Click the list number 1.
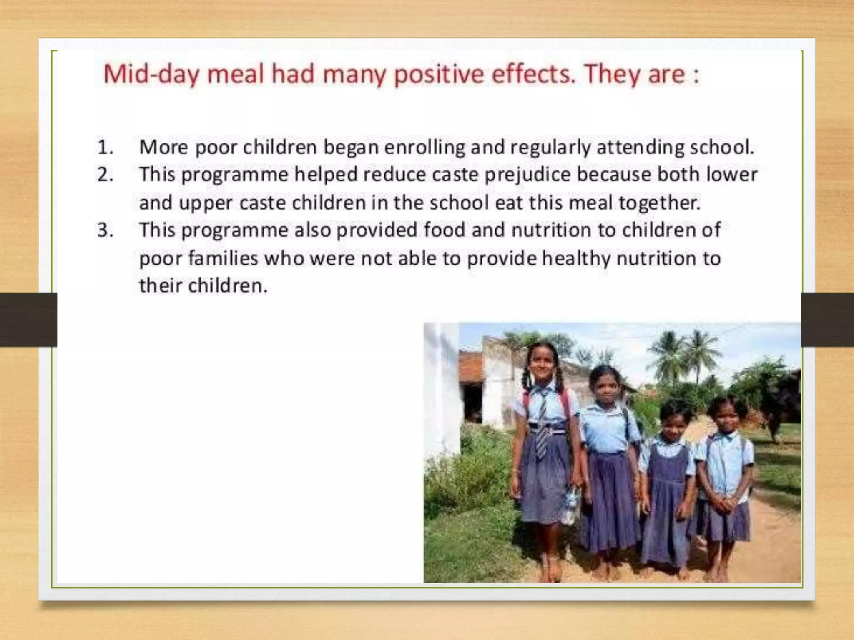pos(105,147)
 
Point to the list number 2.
pos(105,175)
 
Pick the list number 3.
pos(105,230)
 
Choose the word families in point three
pos(223,258)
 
